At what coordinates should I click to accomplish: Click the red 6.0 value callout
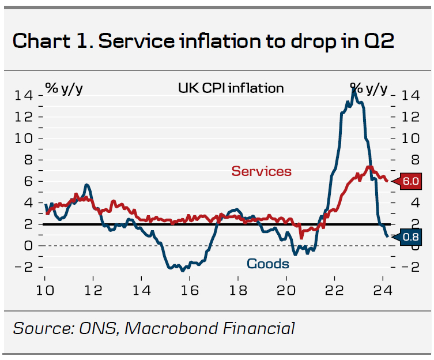click(x=410, y=181)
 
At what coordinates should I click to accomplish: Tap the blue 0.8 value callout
click(x=410, y=236)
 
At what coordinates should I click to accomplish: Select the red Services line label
click(x=261, y=171)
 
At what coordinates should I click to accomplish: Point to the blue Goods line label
click(x=267, y=264)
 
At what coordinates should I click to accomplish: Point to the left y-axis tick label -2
click(x=24, y=267)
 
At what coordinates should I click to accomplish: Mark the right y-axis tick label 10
click(x=409, y=138)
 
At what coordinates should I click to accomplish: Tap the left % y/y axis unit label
click(x=64, y=88)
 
